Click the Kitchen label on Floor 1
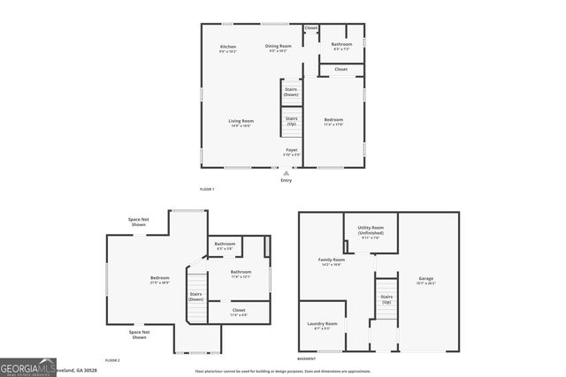pos(228,47)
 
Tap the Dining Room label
pos(278,47)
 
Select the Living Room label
pos(241,121)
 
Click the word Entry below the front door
pos(286,181)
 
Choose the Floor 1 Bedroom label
pos(333,120)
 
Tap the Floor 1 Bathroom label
pos(341,44)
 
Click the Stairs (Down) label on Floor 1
pos(291,91)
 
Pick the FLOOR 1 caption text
pos(207,189)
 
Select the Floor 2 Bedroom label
pos(160,279)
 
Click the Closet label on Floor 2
pos(239,310)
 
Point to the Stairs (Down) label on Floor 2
pos(196,297)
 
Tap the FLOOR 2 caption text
pos(112,360)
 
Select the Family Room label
pos(333,260)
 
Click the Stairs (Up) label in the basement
pos(386,298)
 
